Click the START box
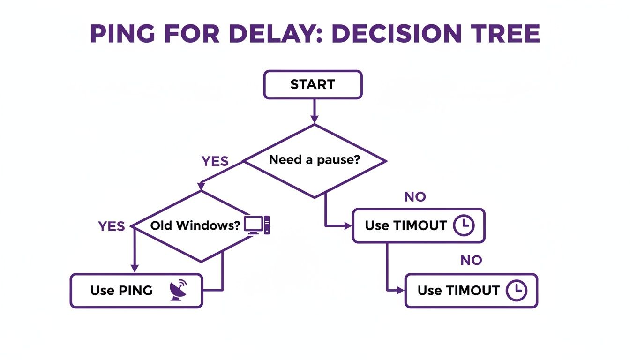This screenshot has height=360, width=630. click(x=313, y=85)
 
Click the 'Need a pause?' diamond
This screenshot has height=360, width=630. click(x=314, y=160)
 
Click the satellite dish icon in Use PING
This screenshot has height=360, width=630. click(x=178, y=290)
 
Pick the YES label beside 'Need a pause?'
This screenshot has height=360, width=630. click(x=215, y=162)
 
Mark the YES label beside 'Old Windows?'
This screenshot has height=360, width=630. click(x=112, y=226)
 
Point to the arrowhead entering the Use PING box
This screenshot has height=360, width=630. click(x=135, y=268)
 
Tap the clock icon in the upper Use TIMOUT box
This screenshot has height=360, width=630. click(x=464, y=225)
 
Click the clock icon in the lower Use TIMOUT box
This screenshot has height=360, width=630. click(x=517, y=291)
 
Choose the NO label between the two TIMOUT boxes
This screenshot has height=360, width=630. click(x=471, y=260)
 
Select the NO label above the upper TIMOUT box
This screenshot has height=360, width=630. click(x=415, y=197)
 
